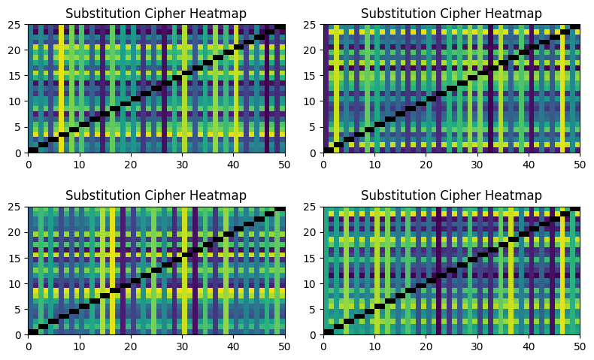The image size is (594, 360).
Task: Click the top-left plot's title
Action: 156,14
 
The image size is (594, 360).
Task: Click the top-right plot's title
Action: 451,14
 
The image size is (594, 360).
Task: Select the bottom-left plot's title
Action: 156,195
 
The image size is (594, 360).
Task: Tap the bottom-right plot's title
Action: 451,195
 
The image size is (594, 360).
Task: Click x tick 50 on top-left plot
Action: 285,162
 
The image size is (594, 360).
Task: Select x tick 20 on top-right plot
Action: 426,162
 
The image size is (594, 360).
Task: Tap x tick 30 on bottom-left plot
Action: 182,344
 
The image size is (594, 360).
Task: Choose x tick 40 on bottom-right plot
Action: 529,344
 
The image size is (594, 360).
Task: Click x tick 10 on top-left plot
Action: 80,162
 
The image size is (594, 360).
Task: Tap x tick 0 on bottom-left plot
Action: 29,344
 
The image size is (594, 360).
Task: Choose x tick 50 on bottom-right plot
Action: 580,344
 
